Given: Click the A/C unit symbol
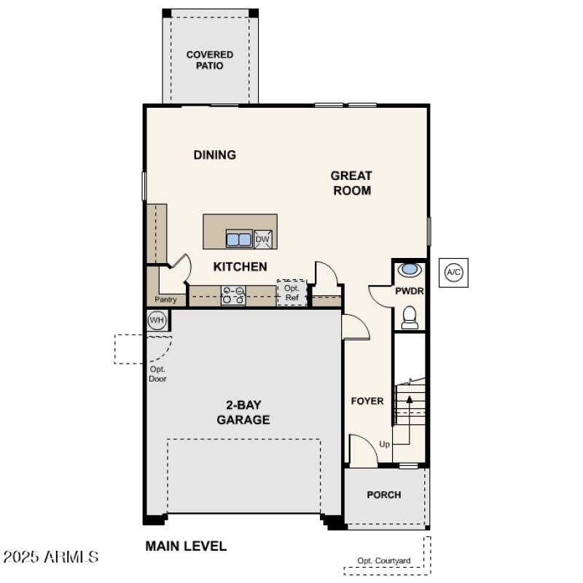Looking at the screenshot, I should coord(453,273).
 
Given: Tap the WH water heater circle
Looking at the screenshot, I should coord(157,320).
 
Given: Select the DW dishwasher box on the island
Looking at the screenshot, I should coord(263,239).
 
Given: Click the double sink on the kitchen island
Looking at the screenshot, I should coord(238,239).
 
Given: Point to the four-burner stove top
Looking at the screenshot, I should coord(233,294).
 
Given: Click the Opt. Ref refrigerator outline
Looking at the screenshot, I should coord(291,293).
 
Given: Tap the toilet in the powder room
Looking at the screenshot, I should coord(410,317).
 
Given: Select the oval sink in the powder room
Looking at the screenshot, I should coord(410,270).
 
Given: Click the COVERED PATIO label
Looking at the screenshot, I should coord(209,60).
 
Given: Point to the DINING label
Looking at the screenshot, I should coord(214,154).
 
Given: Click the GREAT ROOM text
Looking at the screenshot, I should coord(351,183).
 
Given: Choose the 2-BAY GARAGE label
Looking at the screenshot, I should coord(243,412).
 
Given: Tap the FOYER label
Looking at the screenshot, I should coord(367,401).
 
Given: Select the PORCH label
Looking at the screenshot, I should coord(383,495).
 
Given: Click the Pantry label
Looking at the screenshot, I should coord(165,300).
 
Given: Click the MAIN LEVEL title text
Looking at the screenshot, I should coord(186,546).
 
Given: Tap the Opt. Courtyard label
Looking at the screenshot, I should coord(383,560).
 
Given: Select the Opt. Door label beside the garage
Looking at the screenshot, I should coord(157,374).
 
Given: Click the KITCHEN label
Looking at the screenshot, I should coord(240,267).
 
